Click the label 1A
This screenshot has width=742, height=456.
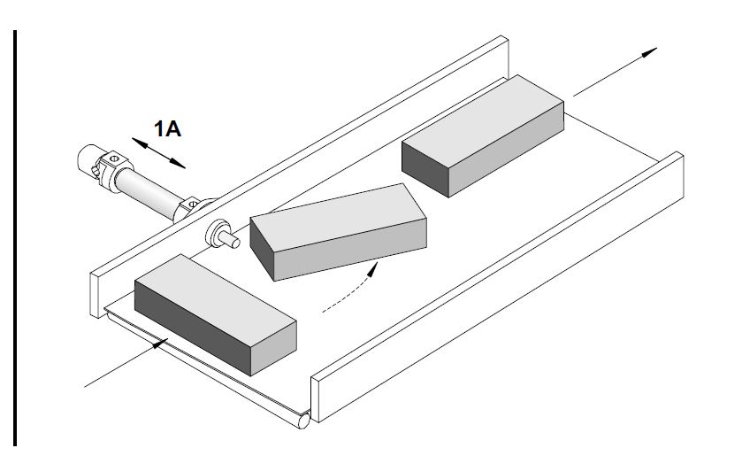tap(167, 128)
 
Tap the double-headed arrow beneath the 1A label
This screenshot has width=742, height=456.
tap(158, 153)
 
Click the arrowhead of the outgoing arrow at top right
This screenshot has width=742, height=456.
tap(649, 51)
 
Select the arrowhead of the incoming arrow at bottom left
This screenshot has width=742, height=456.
tap(160, 344)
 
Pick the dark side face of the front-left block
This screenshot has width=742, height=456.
tap(192, 327)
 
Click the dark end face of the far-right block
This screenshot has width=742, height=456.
tap(425, 168)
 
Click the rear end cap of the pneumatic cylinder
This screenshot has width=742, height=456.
tap(88, 160)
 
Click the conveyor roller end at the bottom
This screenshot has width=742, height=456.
tap(304, 421)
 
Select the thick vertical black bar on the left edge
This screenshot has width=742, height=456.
tap(15, 238)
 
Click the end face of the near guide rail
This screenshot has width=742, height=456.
tap(315, 399)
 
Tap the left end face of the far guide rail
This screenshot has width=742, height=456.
tap(94, 296)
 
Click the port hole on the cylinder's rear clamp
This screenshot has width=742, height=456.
tap(113, 158)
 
